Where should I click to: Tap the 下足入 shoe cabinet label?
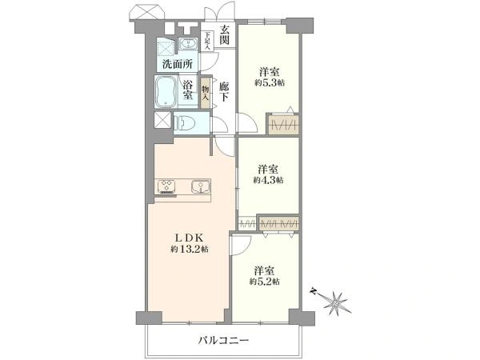[207, 41]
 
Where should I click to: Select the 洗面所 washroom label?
[176, 63]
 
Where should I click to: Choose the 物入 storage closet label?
[206, 92]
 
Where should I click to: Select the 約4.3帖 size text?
[268, 180]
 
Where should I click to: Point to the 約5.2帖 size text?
[264, 282]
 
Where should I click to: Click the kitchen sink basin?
[199, 189]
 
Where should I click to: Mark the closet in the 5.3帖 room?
[284, 125]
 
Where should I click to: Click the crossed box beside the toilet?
[162, 122]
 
